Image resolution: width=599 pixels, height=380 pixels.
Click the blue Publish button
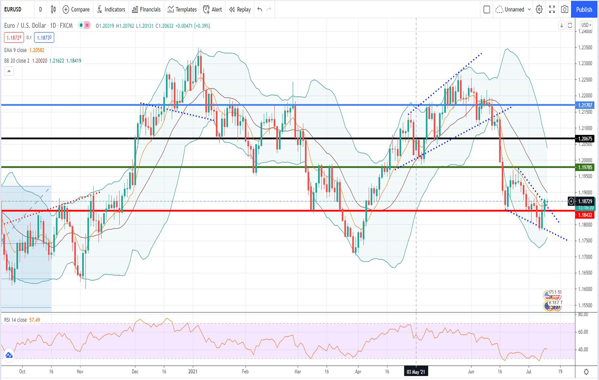pyautogui.click(x=584, y=9)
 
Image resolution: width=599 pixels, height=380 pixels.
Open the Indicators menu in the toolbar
pyautogui.click(x=111, y=9)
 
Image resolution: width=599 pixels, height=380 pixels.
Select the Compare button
pyautogui.click(x=76, y=9)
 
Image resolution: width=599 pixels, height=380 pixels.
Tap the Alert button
pyautogui.click(x=212, y=9)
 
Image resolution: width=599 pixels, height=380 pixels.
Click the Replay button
pyautogui.click(x=240, y=9)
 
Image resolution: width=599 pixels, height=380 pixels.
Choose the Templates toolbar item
pyautogui.click(x=182, y=9)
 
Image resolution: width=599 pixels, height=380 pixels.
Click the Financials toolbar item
pyautogui.click(x=146, y=9)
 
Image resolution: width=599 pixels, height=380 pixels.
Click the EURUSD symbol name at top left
pyautogui.click(x=13, y=9)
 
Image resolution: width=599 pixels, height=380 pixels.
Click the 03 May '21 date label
pyautogui.click(x=416, y=372)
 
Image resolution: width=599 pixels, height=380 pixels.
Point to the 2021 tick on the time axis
pyautogui.click(x=193, y=372)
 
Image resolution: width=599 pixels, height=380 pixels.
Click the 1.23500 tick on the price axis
pyautogui.click(x=585, y=47)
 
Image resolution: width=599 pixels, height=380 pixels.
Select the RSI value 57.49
pyautogui.click(x=35, y=320)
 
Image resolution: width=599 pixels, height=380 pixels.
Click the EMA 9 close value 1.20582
pyautogui.click(x=37, y=50)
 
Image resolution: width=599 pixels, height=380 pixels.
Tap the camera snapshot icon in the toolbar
pyautogui.click(x=564, y=9)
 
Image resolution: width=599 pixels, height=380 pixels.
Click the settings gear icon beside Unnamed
pyautogui.click(x=539, y=9)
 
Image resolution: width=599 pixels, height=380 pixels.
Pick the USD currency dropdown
pyautogui.click(x=586, y=25)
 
